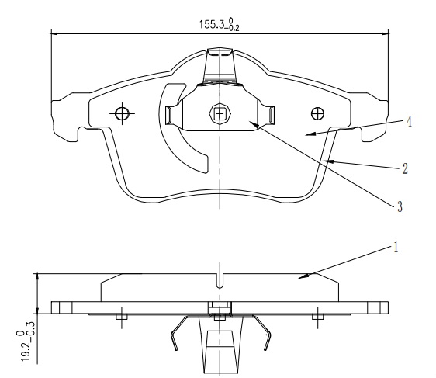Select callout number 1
click(x=395, y=248)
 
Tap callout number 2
click(x=405, y=168)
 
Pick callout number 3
click(x=400, y=206)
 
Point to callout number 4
click(x=409, y=122)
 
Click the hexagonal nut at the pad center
click(x=220, y=113)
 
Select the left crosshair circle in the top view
click(x=122, y=113)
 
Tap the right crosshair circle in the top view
click(x=317, y=113)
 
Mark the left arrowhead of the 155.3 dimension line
click(x=54, y=33)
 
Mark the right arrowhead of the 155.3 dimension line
click(x=386, y=33)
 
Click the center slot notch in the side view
click(x=220, y=281)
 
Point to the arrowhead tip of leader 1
click(x=299, y=278)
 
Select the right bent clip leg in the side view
click(x=261, y=333)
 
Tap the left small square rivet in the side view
click(x=122, y=317)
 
